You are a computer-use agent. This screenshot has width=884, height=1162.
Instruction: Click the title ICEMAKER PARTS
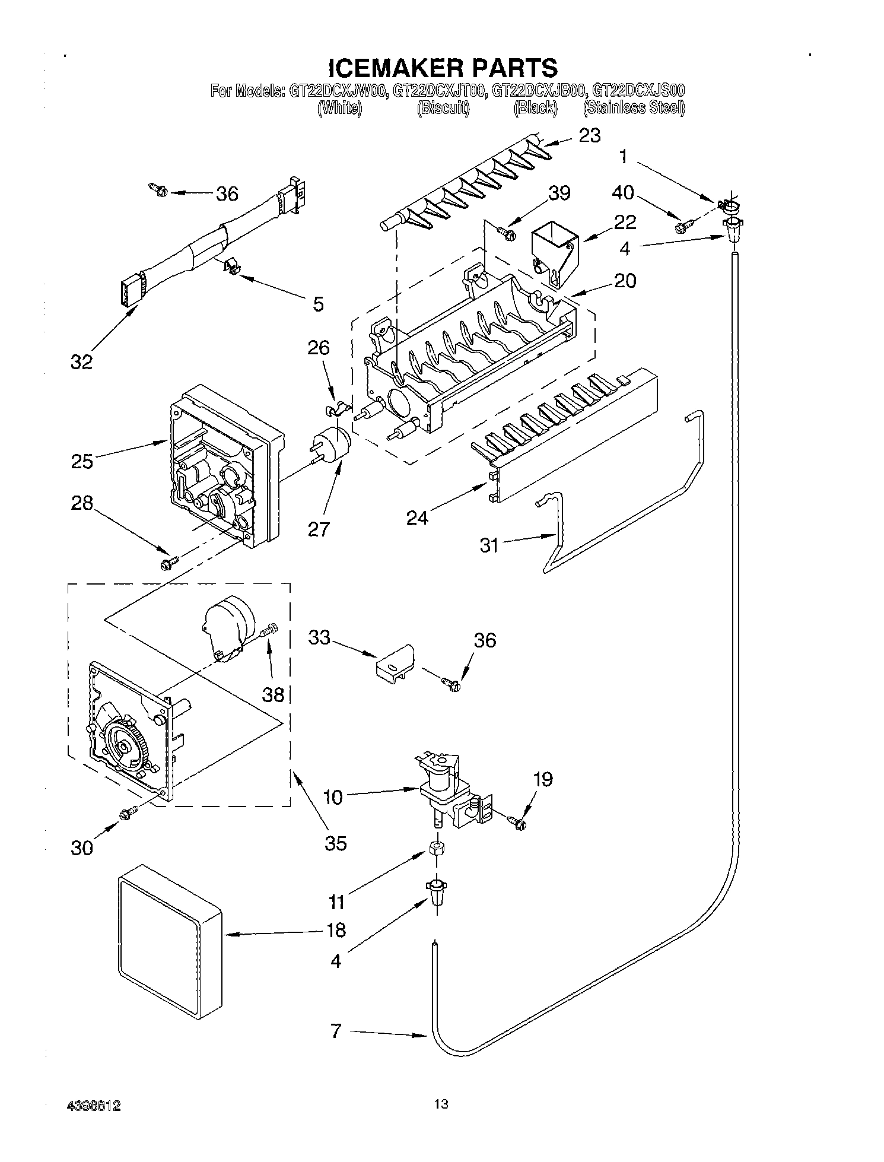(x=442, y=67)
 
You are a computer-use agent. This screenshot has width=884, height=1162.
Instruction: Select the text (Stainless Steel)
(x=634, y=108)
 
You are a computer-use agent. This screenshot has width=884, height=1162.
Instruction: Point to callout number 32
(x=82, y=361)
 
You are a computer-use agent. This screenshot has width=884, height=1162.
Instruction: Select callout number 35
(x=336, y=843)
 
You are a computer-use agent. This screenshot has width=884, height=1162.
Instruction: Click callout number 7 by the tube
(x=336, y=1031)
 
